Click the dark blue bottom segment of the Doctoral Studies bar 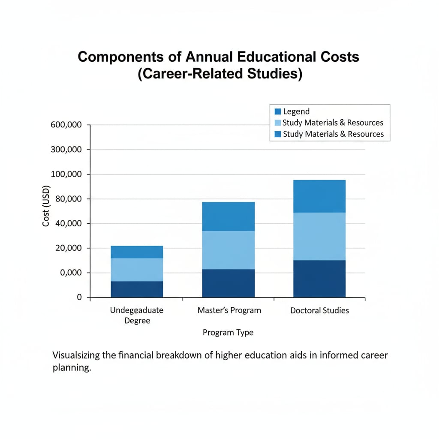coord(319,279)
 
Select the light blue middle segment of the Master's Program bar coord(228,250)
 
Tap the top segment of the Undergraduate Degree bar coord(137,252)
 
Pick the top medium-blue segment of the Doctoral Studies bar coord(319,196)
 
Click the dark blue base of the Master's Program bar coord(228,283)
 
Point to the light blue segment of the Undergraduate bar coord(137,270)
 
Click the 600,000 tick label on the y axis coord(66,125)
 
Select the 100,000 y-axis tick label coord(66,174)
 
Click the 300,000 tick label coord(66,150)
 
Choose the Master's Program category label coord(229,310)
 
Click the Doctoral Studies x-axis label coord(319,310)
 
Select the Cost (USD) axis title coord(46,206)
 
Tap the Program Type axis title coord(228,332)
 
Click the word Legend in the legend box coord(296,111)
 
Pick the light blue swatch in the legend coord(277,123)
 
